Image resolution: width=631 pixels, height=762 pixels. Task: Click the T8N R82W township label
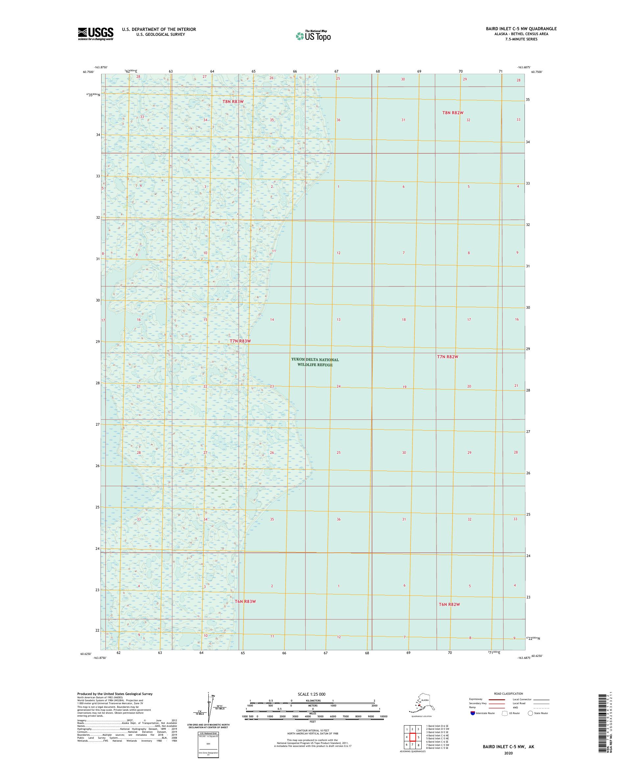(x=453, y=113)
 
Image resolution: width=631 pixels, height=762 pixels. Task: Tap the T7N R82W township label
(x=447, y=357)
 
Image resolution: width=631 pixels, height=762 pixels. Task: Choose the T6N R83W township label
(x=245, y=601)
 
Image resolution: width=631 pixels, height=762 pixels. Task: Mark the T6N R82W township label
(x=449, y=604)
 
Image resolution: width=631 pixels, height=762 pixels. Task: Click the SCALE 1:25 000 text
(x=311, y=694)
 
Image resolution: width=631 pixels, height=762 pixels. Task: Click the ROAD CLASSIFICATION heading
(x=509, y=693)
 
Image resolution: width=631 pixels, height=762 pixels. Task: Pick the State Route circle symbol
(x=530, y=713)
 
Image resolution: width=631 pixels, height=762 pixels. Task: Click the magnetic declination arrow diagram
(x=209, y=707)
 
